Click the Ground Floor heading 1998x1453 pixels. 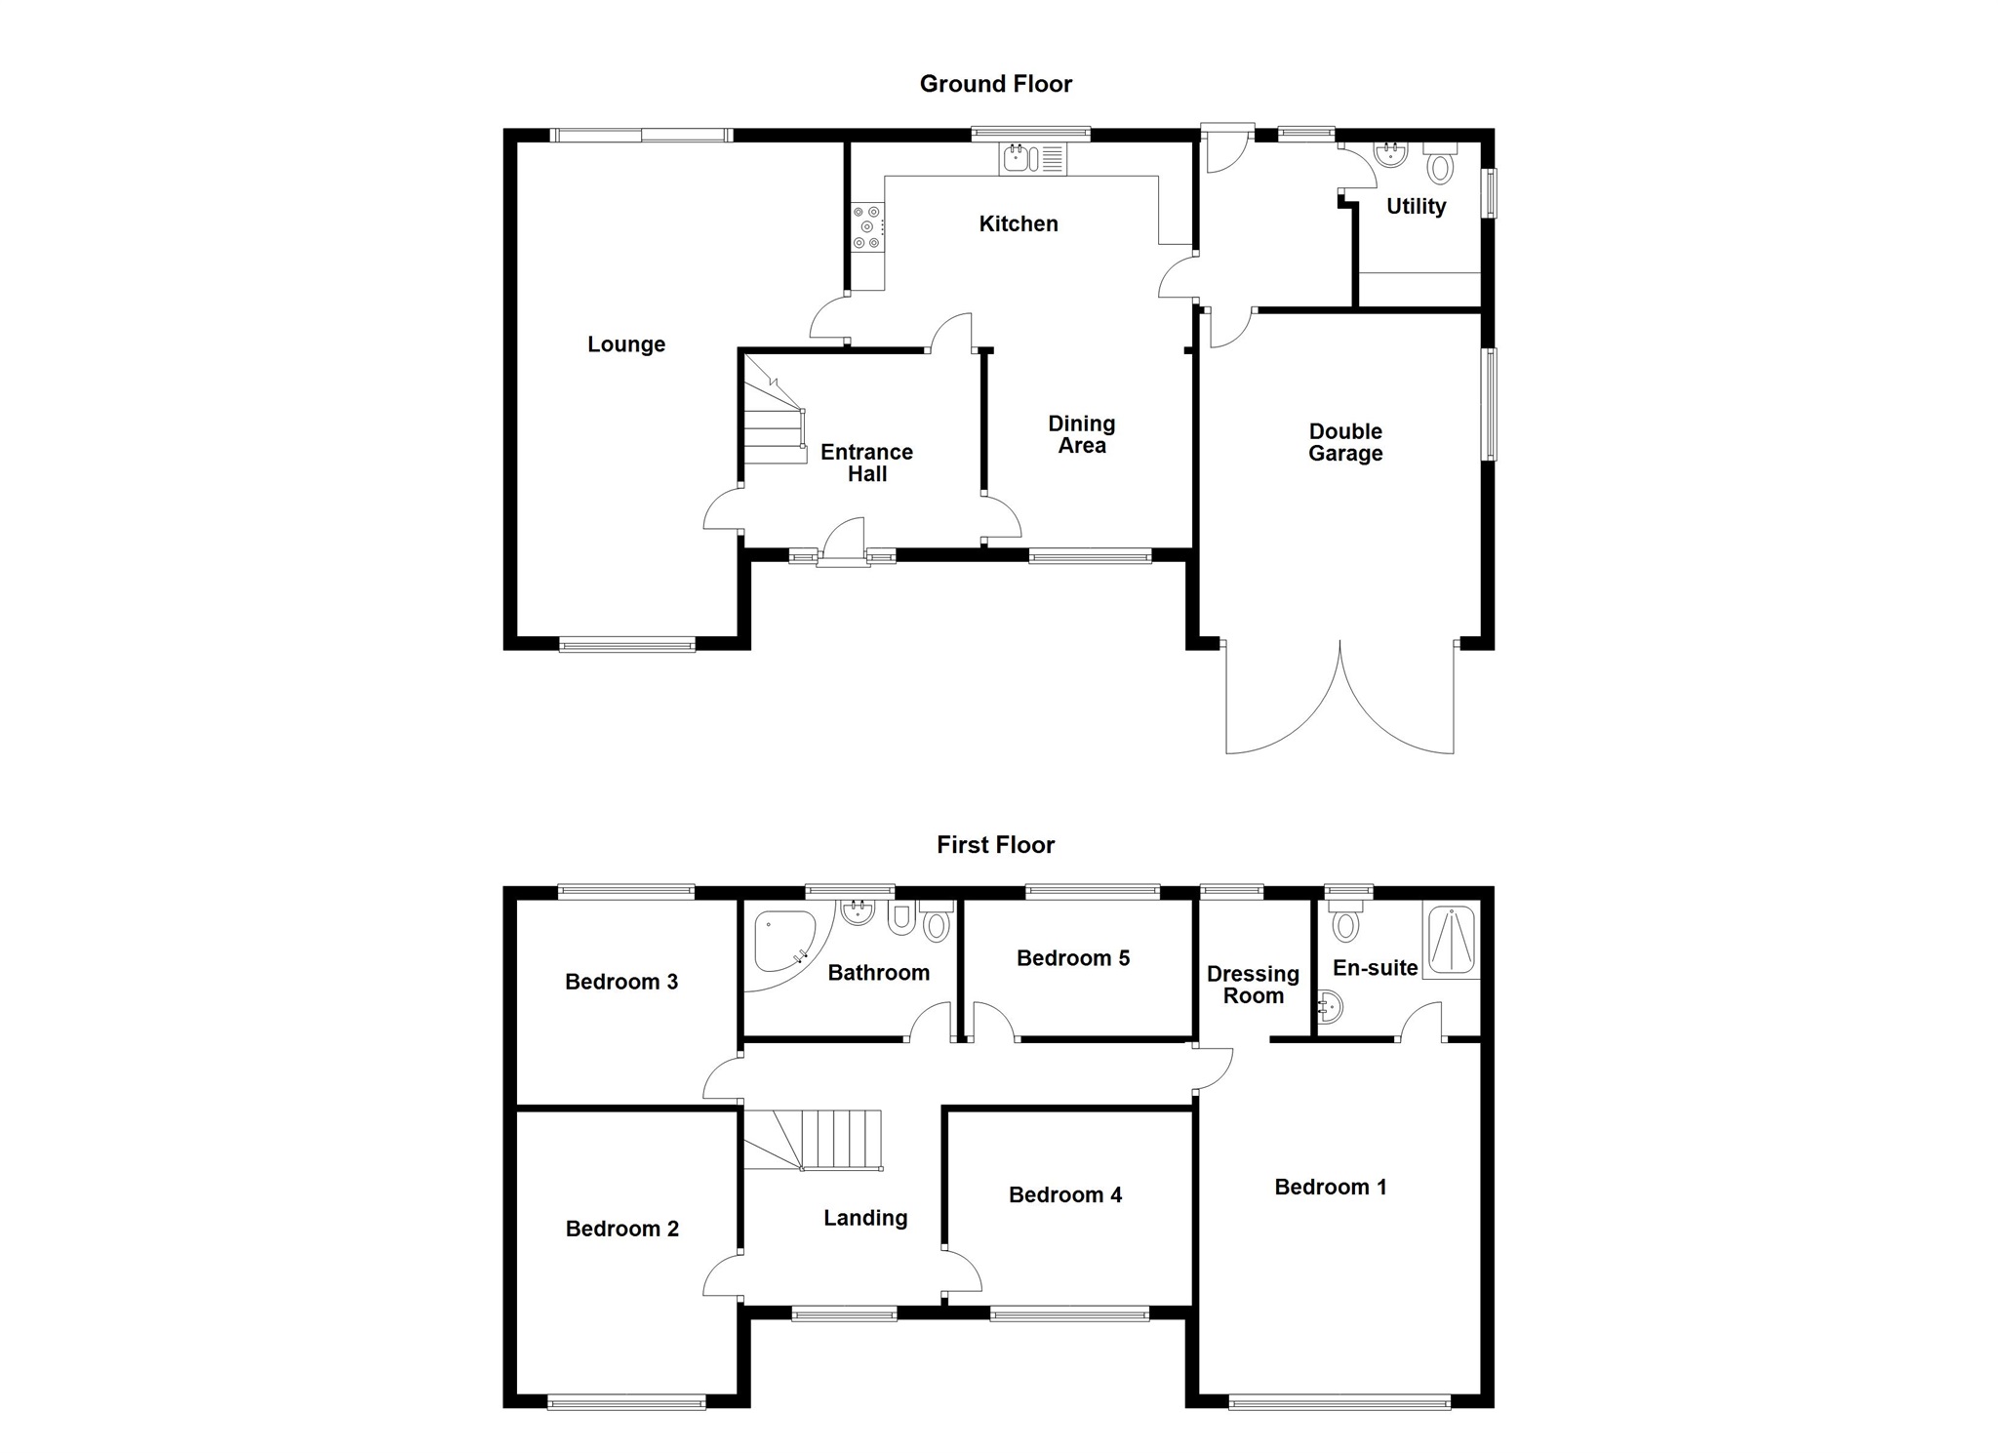(x=995, y=84)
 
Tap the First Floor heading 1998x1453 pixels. (x=995, y=844)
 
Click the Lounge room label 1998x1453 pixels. (x=626, y=344)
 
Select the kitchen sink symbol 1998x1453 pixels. (x=1032, y=158)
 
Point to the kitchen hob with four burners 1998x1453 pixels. (x=866, y=227)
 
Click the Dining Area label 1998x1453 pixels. (x=1082, y=434)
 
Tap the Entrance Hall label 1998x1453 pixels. (x=866, y=463)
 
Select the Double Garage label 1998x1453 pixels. (x=1345, y=442)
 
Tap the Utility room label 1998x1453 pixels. (x=1416, y=207)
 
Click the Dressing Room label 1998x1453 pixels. (x=1253, y=985)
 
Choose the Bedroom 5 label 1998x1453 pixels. (x=1073, y=958)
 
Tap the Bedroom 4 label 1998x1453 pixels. (x=1065, y=1194)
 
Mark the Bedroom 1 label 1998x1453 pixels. (x=1331, y=1187)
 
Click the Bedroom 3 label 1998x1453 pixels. (x=621, y=982)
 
